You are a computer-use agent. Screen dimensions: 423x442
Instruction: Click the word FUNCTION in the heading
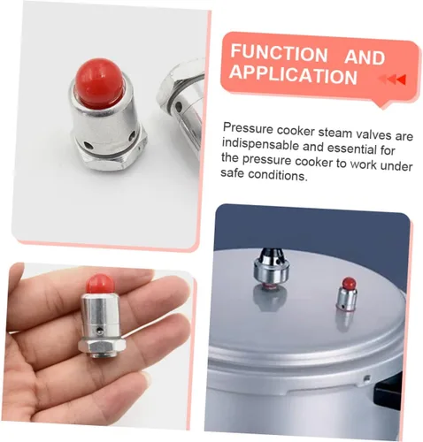(x=279, y=53)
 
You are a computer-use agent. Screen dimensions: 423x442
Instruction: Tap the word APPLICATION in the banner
(x=294, y=75)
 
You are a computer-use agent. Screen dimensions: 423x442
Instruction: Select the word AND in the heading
(x=365, y=57)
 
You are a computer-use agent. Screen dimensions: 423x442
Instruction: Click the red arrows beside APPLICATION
(x=392, y=79)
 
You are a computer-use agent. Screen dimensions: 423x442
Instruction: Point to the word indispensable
(x=260, y=145)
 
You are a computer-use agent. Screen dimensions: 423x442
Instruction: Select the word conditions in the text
(x=278, y=175)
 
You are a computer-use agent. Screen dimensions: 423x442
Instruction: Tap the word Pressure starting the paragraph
(x=248, y=129)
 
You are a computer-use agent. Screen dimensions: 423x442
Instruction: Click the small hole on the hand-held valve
(x=101, y=331)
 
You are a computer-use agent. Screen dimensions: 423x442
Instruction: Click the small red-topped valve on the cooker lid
(x=347, y=293)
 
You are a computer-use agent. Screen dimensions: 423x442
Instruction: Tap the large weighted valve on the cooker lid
(x=272, y=269)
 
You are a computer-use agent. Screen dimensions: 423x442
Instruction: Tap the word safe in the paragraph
(x=232, y=172)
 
